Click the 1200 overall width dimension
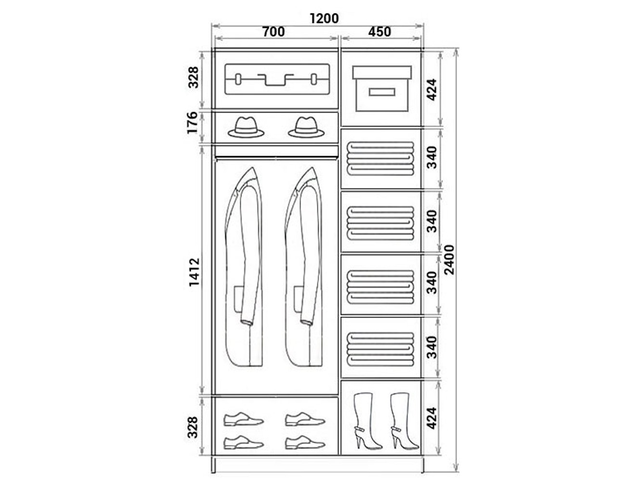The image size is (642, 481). pos(324,19)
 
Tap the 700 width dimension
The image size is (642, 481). pos(274,32)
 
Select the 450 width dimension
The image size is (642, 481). pos(380,32)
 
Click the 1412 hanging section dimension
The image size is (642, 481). pos(194,272)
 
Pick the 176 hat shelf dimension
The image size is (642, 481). pos(193,123)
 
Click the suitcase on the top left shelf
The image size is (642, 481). pos(277,79)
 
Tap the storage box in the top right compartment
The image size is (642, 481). pos(382,89)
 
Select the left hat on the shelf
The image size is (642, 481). pos(246,127)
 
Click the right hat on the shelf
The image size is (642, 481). pos(306,127)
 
